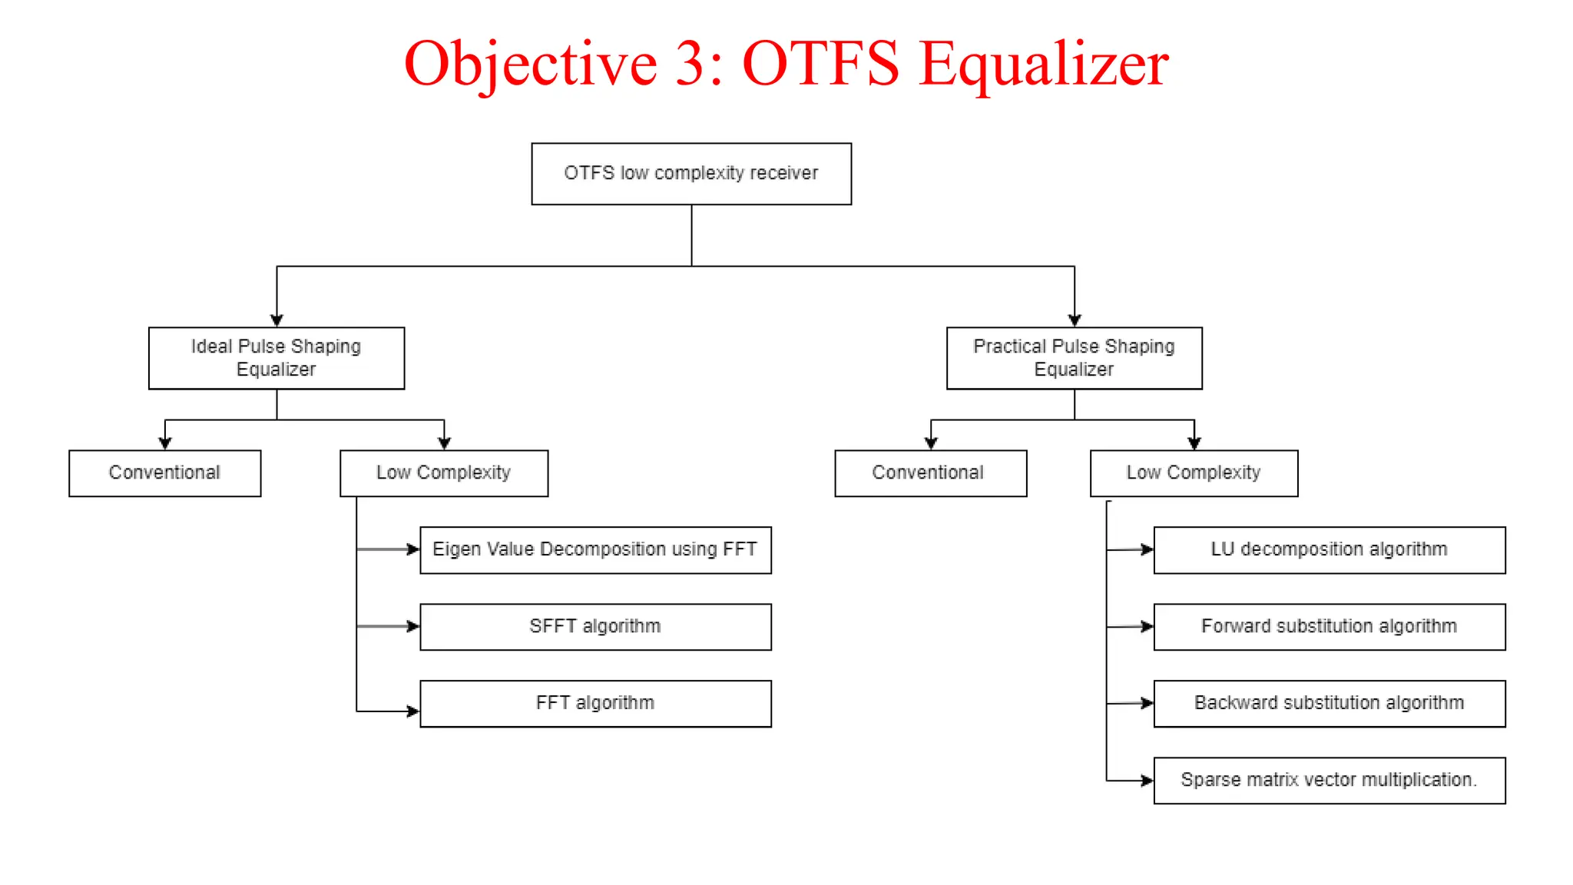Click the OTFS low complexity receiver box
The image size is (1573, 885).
(691, 174)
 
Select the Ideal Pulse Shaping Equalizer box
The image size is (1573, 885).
(277, 358)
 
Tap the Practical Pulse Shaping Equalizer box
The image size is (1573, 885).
(1074, 358)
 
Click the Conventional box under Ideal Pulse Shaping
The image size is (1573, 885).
(164, 473)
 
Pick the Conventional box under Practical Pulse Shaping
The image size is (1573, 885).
(930, 473)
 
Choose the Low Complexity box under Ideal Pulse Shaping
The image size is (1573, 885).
(444, 473)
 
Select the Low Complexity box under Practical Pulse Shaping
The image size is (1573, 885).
(1194, 473)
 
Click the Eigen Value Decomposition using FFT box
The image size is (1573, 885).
(595, 550)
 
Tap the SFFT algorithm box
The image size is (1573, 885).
(595, 627)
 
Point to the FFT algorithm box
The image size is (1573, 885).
(595, 704)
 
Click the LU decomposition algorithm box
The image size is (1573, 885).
(1329, 550)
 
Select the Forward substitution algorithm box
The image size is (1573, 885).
(1329, 627)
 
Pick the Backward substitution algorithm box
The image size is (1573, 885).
(1329, 704)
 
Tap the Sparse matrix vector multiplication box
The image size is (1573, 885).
(1329, 781)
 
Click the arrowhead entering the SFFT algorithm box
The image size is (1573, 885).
(413, 627)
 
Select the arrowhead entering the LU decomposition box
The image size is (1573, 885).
(1147, 549)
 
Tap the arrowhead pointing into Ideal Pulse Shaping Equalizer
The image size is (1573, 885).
(277, 320)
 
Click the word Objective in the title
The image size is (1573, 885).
(530, 65)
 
